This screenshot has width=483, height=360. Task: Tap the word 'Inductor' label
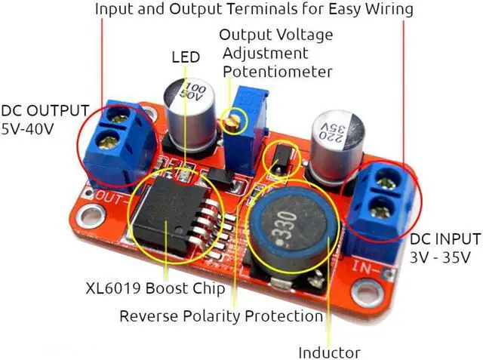(329, 352)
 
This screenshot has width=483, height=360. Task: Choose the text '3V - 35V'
(441, 257)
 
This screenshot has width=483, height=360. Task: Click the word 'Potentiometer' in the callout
(278, 72)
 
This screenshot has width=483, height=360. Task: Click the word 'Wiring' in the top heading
(387, 10)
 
